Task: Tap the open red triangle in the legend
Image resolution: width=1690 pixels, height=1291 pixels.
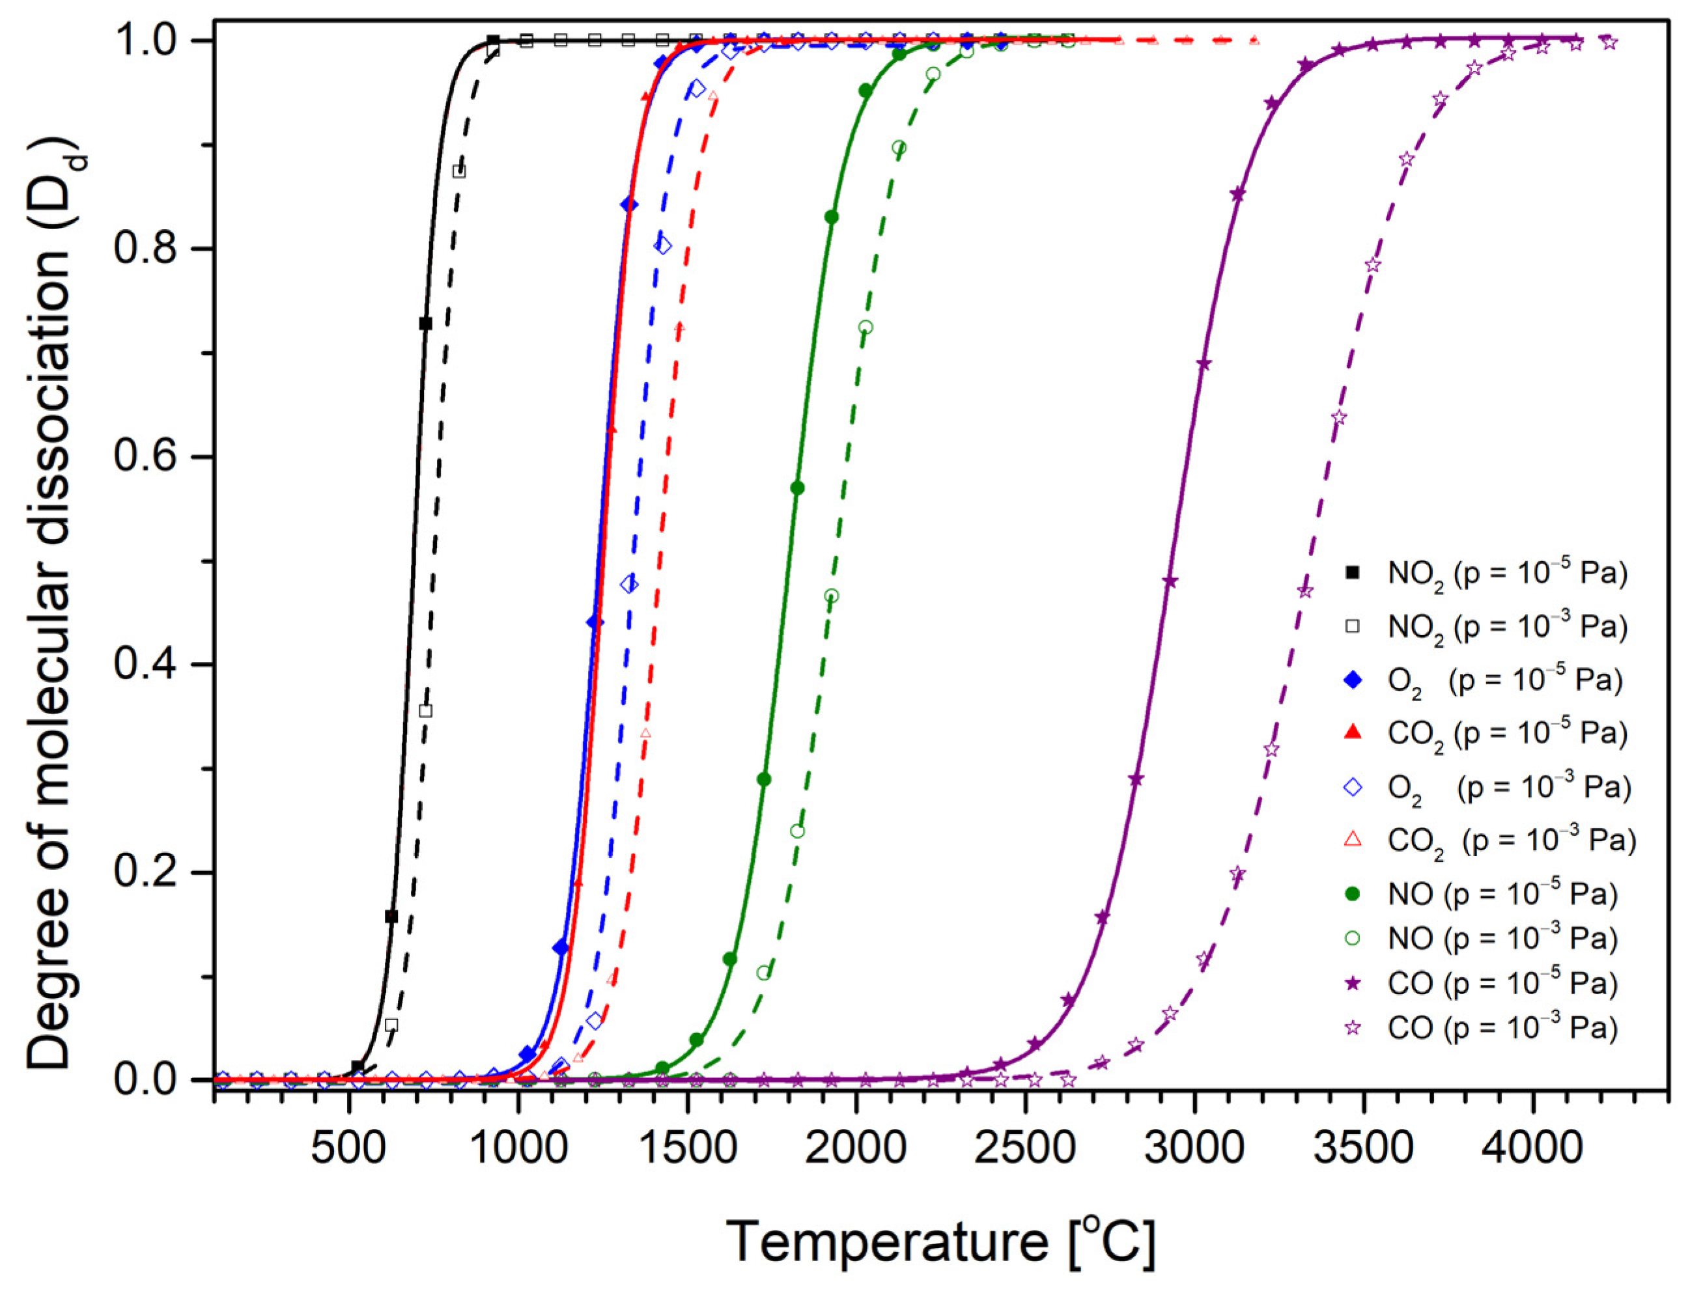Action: (x=1353, y=840)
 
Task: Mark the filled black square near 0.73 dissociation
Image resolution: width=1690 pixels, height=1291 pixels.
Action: (x=425, y=324)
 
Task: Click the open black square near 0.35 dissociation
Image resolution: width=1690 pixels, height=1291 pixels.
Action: (x=426, y=711)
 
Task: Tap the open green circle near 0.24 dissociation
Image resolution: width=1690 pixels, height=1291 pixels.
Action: (x=797, y=831)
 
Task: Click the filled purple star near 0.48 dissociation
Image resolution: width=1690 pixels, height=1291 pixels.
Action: (x=1170, y=582)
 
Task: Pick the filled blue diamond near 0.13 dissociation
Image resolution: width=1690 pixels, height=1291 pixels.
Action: (x=560, y=947)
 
